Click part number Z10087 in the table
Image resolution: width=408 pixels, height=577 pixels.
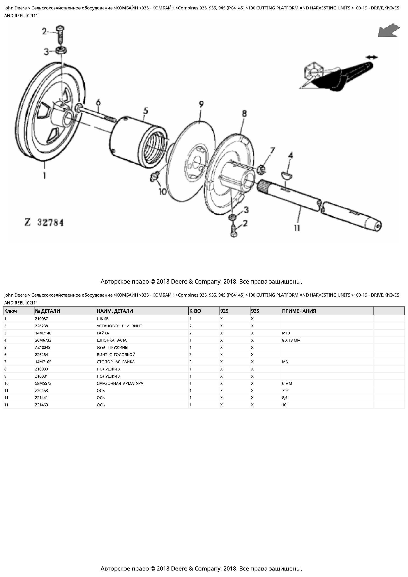coord(41,319)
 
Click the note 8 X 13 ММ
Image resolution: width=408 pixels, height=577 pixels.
coord(291,340)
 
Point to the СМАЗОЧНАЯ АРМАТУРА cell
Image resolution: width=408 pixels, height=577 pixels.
coord(120,383)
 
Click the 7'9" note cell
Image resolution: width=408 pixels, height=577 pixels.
coord(286,391)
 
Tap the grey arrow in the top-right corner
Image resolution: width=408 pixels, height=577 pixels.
coord(389,31)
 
